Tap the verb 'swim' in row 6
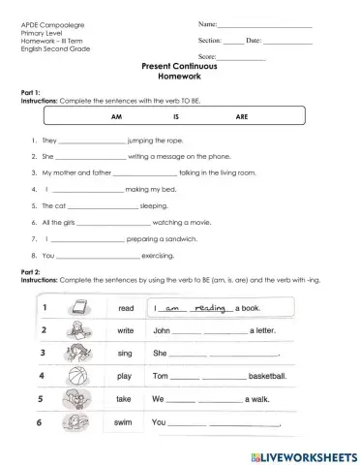point(125,422)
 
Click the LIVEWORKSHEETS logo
point(299,455)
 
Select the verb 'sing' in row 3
point(125,354)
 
